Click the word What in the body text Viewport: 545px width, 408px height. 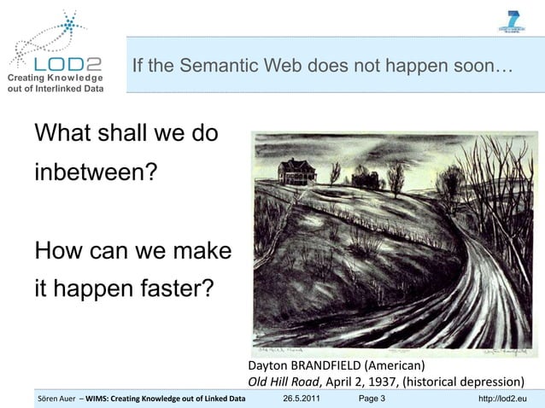64,135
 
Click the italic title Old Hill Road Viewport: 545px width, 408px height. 282,382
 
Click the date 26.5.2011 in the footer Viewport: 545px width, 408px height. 302,399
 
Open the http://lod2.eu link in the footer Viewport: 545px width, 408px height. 502,399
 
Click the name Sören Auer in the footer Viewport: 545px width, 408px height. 58,399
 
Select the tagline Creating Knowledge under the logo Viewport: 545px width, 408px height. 55,79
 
